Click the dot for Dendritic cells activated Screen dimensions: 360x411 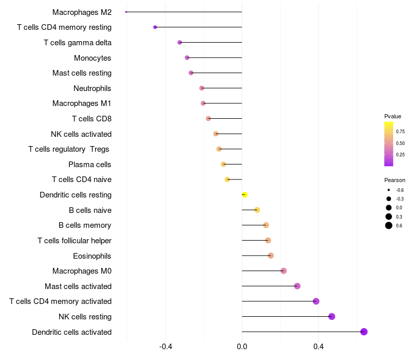[364, 332]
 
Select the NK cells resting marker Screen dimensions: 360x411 [332, 316]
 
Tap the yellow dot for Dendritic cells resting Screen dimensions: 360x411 [245, 194]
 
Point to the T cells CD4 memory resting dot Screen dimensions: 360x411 [155, 27]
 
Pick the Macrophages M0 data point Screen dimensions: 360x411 [284, 271]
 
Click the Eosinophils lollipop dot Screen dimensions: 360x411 [271, 256]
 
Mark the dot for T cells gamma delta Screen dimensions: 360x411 [179, 42]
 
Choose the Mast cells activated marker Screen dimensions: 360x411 [297, 286]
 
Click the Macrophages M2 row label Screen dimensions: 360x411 [82, 12]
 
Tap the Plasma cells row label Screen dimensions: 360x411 [89, 165]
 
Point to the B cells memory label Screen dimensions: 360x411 [85, 225]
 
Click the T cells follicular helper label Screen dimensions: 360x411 [74, 240]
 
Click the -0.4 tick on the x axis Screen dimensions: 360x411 [165, 347]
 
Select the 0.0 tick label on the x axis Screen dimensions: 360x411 [242, 347]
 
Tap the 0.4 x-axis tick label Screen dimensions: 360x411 [318, 347]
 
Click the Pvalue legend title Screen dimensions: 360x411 [393, 116]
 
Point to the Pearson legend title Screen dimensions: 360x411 [395, 180]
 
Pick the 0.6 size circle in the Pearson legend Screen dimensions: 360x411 [389, 225]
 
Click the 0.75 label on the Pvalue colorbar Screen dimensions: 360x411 [400, 132]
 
